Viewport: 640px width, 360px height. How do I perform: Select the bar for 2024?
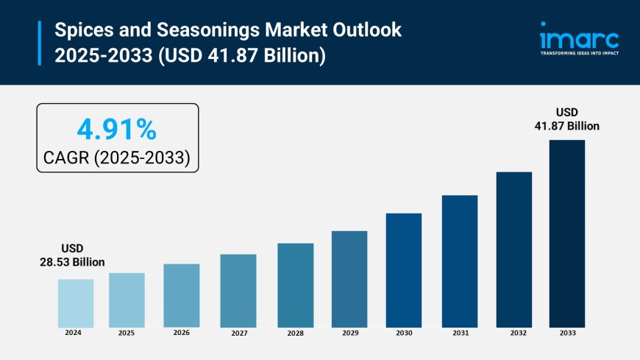tap(76, 303)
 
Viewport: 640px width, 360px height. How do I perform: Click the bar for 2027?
tap(238, 291)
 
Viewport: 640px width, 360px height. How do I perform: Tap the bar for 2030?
tap(404, 270)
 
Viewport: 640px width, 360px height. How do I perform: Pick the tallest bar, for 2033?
tap(567, 233)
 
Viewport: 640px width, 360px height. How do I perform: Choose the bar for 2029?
tap(349, 279)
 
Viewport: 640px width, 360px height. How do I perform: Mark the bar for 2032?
tap(514, 250)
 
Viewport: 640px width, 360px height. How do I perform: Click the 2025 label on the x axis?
tap(127, 333)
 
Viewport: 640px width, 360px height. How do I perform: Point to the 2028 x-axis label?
tap(295, 333)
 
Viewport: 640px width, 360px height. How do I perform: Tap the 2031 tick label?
tap(461, 333)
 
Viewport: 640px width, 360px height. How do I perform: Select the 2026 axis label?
tap(182, 333)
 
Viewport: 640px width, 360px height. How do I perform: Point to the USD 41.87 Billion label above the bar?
tap(567, 119)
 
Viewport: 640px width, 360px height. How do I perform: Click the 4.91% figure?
tap(117, 130)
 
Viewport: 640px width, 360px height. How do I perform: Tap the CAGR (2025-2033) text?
tap(117, 156)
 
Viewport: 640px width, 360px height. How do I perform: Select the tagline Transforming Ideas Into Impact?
tap(579, 54)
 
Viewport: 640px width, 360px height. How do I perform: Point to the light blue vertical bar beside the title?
tap(40, 43)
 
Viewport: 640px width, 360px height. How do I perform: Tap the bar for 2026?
tap(182, 295)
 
